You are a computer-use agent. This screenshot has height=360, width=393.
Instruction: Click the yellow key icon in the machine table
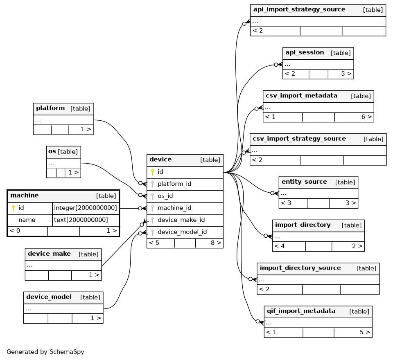point(14,208)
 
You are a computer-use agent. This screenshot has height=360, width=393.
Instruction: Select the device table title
point(160,159)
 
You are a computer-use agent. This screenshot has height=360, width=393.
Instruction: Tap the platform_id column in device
point(174,184)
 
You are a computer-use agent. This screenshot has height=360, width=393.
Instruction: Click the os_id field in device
point(165,196)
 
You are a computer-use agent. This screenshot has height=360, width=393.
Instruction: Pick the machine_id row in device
point(174,208)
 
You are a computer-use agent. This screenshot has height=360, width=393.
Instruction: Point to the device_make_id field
point(181,220)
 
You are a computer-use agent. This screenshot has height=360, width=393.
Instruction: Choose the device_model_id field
point(182,232)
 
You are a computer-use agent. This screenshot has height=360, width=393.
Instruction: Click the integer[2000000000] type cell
point(86,208)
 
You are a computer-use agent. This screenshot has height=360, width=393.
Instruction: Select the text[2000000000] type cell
point(81,220)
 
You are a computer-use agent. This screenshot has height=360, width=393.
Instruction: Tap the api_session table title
point(305,52)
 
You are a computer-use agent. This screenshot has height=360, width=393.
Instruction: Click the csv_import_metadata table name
point(301,96)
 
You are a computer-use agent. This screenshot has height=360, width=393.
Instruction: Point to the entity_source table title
point(304,182)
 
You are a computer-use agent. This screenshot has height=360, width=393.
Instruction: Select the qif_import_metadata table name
point(301,311)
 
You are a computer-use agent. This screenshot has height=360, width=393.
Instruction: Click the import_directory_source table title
point(300,268)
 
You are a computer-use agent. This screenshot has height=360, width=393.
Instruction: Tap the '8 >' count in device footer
point(216,243)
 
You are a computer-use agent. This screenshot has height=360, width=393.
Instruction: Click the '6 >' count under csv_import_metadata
point(366,117)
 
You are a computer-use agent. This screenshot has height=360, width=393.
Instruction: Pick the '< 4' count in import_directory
point(280,246)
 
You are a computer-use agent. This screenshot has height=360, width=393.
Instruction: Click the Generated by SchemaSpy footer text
point(45,352)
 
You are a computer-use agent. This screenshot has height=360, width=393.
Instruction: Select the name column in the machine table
point(27,220)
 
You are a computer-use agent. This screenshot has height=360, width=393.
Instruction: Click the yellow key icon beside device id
point(152,172)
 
